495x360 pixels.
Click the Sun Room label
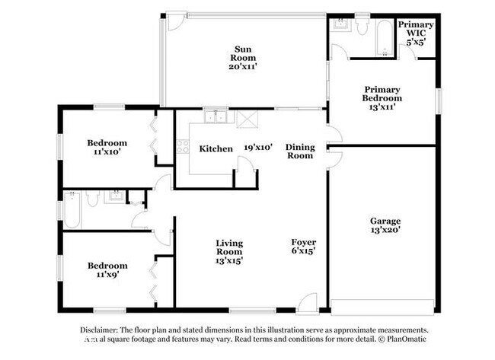[244, 53]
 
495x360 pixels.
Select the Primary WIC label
[416, 29]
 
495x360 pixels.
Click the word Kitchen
[216, 148]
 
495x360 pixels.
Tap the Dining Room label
[299, 151]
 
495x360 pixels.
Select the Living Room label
[228, 248]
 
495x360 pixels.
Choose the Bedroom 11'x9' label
[107, 270]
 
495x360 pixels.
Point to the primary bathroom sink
[340, 24]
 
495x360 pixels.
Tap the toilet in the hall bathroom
[91, 199]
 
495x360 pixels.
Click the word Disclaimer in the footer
[104, 330]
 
